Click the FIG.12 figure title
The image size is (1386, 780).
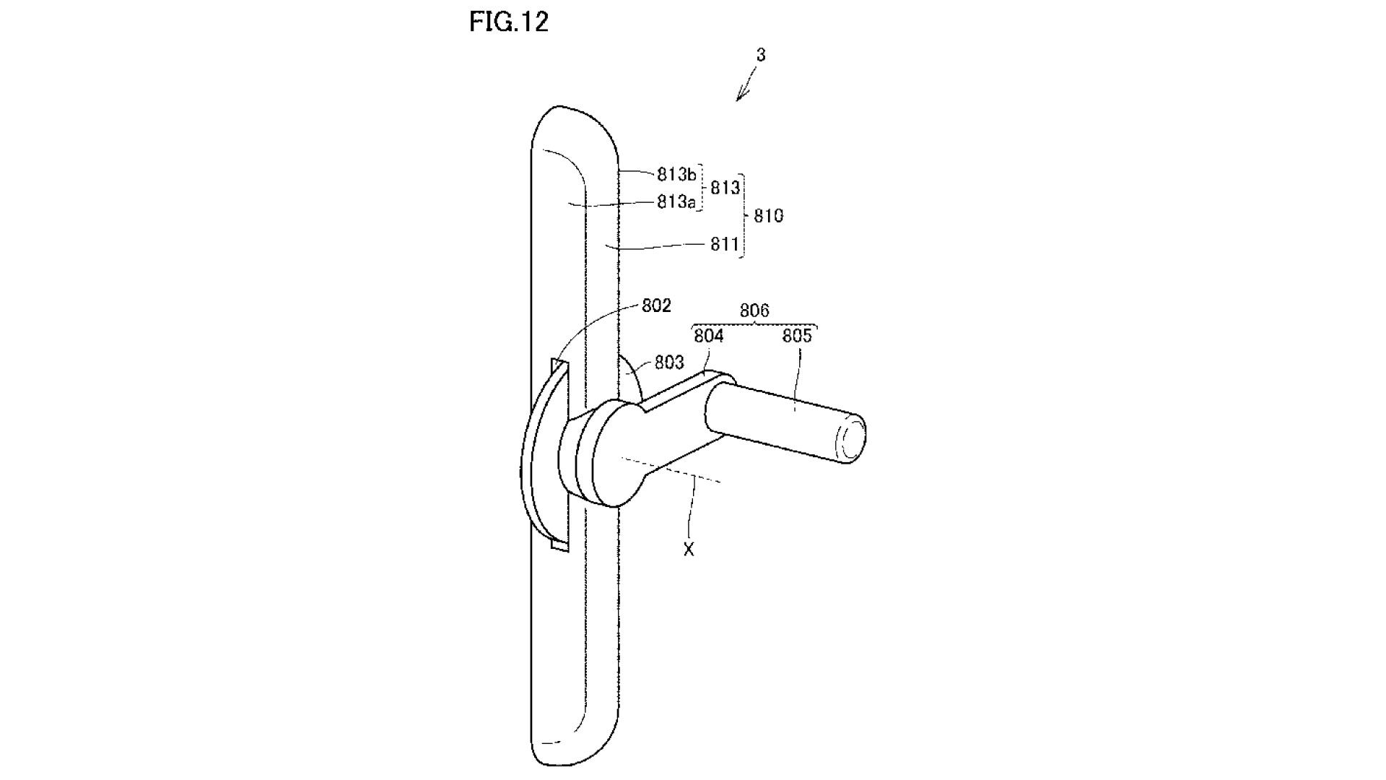pyautogui.click(x=508, y=22)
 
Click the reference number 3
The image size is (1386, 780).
pyautogui.click(x=760, y=54)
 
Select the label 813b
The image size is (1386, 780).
pyautogui.click(x=676, y=174)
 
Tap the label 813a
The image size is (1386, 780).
pyautogui.click(x=676, y=201)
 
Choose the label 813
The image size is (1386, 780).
pyautogui.click(x=725, y=188)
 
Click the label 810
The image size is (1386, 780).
pyautogui.click(x=768, y=215)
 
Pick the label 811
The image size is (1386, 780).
pyautogui.click(x=724, y=244)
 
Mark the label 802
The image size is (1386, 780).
pyautogui.click(x=656, y=305)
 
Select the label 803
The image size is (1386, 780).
pyautogui.click(x=669, y=362)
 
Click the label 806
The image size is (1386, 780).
pyautogui.click(x=754, y=311)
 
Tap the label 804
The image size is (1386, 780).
pyautogui.click(x=708, y=336)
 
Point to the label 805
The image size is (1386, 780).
pyautogui.click(x=797, y=336)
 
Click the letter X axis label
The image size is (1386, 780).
pyautogui.click(x=689, y=550)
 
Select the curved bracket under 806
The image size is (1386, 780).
pyautogui.click(x=754, y=324)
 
